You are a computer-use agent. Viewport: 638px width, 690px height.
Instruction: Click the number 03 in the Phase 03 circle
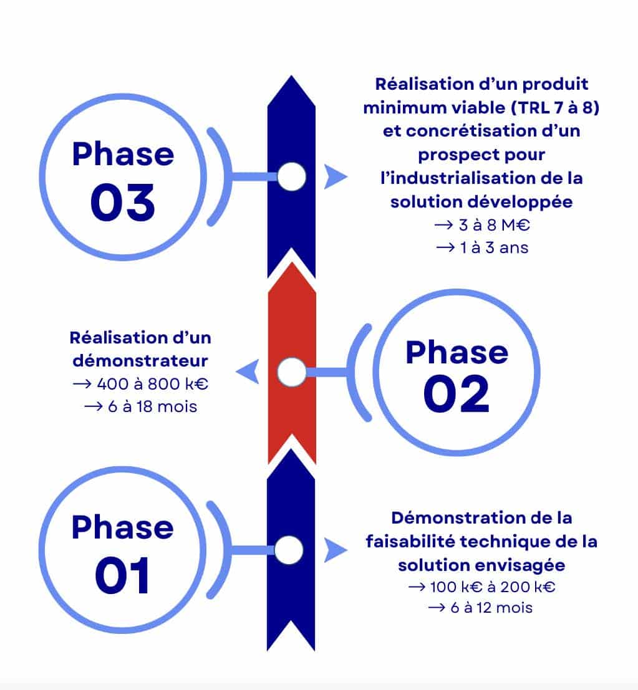122,203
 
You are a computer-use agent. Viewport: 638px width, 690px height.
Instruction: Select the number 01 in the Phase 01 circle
122,575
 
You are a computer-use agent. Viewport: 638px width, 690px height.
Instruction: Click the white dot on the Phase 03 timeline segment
291,177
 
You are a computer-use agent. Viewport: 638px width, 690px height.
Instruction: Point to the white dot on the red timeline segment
291,371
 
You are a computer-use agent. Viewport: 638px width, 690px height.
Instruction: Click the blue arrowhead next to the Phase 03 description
336,177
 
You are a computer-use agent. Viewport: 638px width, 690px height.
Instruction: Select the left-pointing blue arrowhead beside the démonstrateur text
247,373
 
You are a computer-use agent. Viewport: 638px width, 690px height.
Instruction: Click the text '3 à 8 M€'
490,225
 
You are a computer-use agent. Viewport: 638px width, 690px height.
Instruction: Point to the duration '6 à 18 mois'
148,407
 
